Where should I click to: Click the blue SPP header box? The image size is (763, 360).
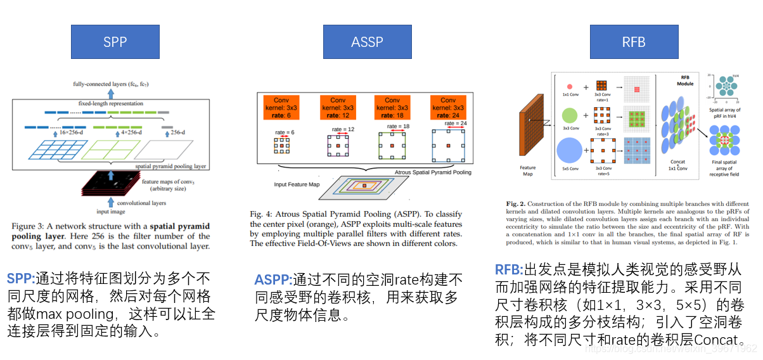point(115,42)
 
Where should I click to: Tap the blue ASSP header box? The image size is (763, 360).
point(367,42)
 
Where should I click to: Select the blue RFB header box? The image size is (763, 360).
point(633,42)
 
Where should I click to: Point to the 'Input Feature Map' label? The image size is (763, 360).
point(295,184)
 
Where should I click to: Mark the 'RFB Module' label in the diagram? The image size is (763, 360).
point(684,79)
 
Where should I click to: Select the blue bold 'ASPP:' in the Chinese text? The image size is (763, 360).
point(273,280)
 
